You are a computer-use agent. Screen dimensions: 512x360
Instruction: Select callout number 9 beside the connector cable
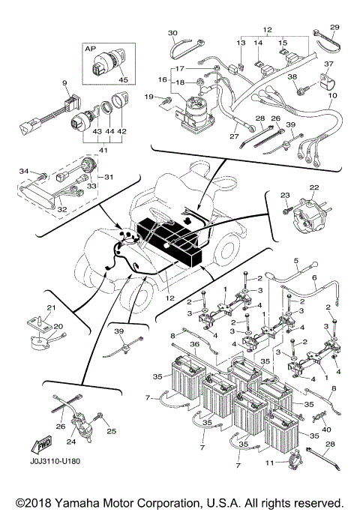tap(64, 82)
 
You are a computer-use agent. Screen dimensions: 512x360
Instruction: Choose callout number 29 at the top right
tap(334, 27)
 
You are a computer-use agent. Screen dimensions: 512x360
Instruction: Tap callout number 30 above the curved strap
tap(172, 33)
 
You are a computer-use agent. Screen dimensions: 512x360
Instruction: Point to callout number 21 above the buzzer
tap(52, 309)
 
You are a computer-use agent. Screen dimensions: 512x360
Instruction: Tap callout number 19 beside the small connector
tap(149, 97)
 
